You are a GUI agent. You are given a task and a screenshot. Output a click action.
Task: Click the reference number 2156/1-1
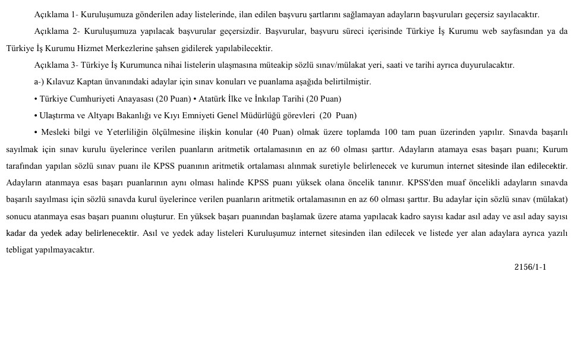pyautogui.click(x=530, y=267)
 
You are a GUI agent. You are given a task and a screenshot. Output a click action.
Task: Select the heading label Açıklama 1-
pyautogui.click(x=56, y=14)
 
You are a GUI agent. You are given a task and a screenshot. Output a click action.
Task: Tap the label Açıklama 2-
pyautogui.click(x=56, y=31)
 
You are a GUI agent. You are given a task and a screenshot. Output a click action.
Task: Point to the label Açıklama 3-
pyautogui.click(x=56, y=65)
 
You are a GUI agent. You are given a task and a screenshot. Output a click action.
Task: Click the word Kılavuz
pyautogui.click(x=61, y=82)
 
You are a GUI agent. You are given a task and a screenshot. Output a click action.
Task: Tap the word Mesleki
pyautogui.click(x=60, y=132)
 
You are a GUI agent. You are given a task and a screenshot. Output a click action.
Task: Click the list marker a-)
pyautogui.click(x=40, y=82)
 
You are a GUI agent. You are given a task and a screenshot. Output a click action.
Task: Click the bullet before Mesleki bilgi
pyautogui.click(x=36, y=132)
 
